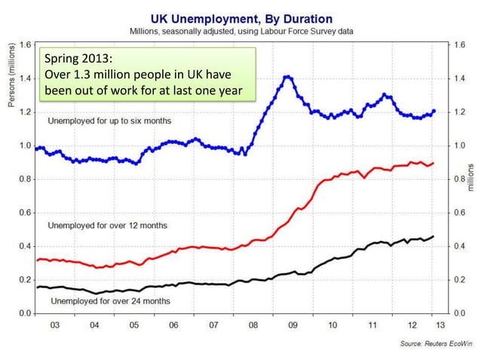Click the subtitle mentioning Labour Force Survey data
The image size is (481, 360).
(x=240, y=32)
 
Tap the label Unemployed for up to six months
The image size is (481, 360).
(x=109, y=121)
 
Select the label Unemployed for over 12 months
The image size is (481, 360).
(x=107, y=225)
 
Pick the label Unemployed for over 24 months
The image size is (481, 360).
(x=109, y=301)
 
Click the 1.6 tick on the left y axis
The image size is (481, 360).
(x=25, y=44)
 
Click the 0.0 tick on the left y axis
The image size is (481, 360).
(x=25, y=313)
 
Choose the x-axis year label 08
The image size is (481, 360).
(x=253, y=325)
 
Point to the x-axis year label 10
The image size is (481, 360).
(x=332, y=325)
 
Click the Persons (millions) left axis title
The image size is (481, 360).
(x=11, y=75)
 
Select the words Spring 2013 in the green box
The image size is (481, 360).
(x=74, y=58)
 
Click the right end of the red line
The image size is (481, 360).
(x=433, y=163)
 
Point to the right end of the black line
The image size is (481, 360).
(x=433, y=236)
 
